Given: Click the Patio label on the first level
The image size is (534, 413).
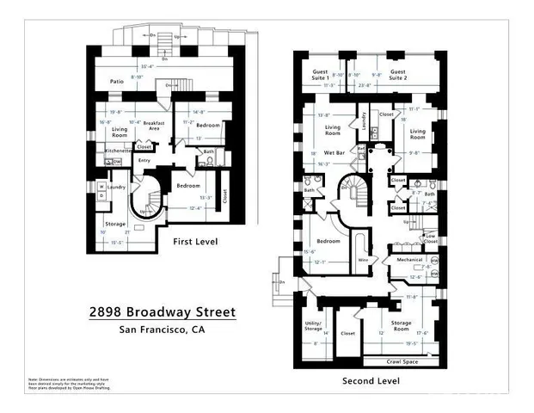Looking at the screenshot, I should tap(118, 83).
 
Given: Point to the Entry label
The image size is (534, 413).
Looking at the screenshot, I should tap(144, 160).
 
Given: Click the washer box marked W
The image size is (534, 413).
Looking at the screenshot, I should tap(101, 186).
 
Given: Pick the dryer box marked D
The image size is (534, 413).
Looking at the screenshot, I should tap(101, 196).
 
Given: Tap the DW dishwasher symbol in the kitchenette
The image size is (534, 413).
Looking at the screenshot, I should tap(117, 161).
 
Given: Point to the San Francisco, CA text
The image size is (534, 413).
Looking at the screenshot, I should tap(162, 330).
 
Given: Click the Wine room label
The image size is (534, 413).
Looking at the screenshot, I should tap(363, 259).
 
